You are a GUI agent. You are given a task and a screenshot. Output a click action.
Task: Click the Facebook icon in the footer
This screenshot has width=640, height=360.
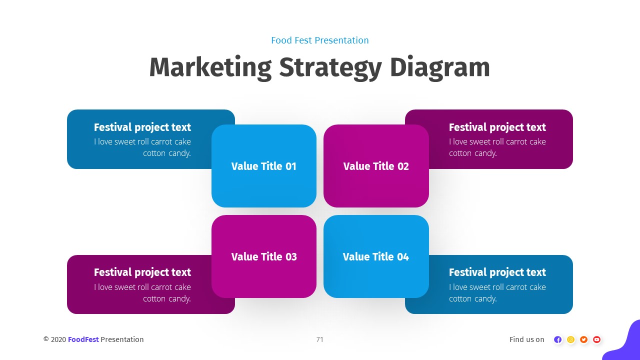pos(558,339)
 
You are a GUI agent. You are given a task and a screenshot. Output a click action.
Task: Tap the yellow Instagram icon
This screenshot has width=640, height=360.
pos(571,339)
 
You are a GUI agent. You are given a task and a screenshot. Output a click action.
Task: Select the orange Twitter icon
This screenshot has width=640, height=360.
pos(583,339)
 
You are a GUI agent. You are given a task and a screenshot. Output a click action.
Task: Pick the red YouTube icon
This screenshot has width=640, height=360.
pos(596,339)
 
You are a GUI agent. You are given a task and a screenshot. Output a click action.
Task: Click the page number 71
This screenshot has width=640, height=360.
pos(320,339)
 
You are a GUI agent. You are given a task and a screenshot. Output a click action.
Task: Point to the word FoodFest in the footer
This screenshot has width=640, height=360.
pos(83,339)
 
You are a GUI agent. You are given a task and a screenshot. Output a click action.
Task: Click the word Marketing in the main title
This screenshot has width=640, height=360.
pos(210,67)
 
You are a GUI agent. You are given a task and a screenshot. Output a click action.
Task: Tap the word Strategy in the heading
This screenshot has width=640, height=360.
pos(330,67)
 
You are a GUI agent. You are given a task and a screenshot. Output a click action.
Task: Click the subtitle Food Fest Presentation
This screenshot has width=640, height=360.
pos(320,40)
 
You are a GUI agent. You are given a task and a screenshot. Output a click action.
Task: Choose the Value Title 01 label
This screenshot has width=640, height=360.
pos(264,166)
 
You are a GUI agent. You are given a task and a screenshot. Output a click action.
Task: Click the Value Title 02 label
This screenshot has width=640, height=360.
pos(376,166)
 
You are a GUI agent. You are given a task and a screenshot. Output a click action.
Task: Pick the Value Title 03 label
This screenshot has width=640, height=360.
pos(264,257)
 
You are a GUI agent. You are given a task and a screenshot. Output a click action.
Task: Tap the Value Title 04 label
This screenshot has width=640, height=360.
pos(376,257)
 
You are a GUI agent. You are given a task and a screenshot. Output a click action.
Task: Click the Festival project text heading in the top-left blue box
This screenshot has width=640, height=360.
pos(142,127)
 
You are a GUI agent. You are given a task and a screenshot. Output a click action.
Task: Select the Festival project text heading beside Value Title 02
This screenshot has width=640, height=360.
pos(497,127)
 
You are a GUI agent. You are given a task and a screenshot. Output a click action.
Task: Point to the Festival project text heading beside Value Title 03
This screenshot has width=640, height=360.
pos(142,272)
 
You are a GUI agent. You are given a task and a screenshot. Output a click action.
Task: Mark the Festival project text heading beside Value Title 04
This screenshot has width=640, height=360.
pos(497,272)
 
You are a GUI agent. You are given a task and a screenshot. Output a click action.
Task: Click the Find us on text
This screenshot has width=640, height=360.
pos(527,339)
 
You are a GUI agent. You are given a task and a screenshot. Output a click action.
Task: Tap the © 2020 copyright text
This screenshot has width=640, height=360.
pos(54,339)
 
